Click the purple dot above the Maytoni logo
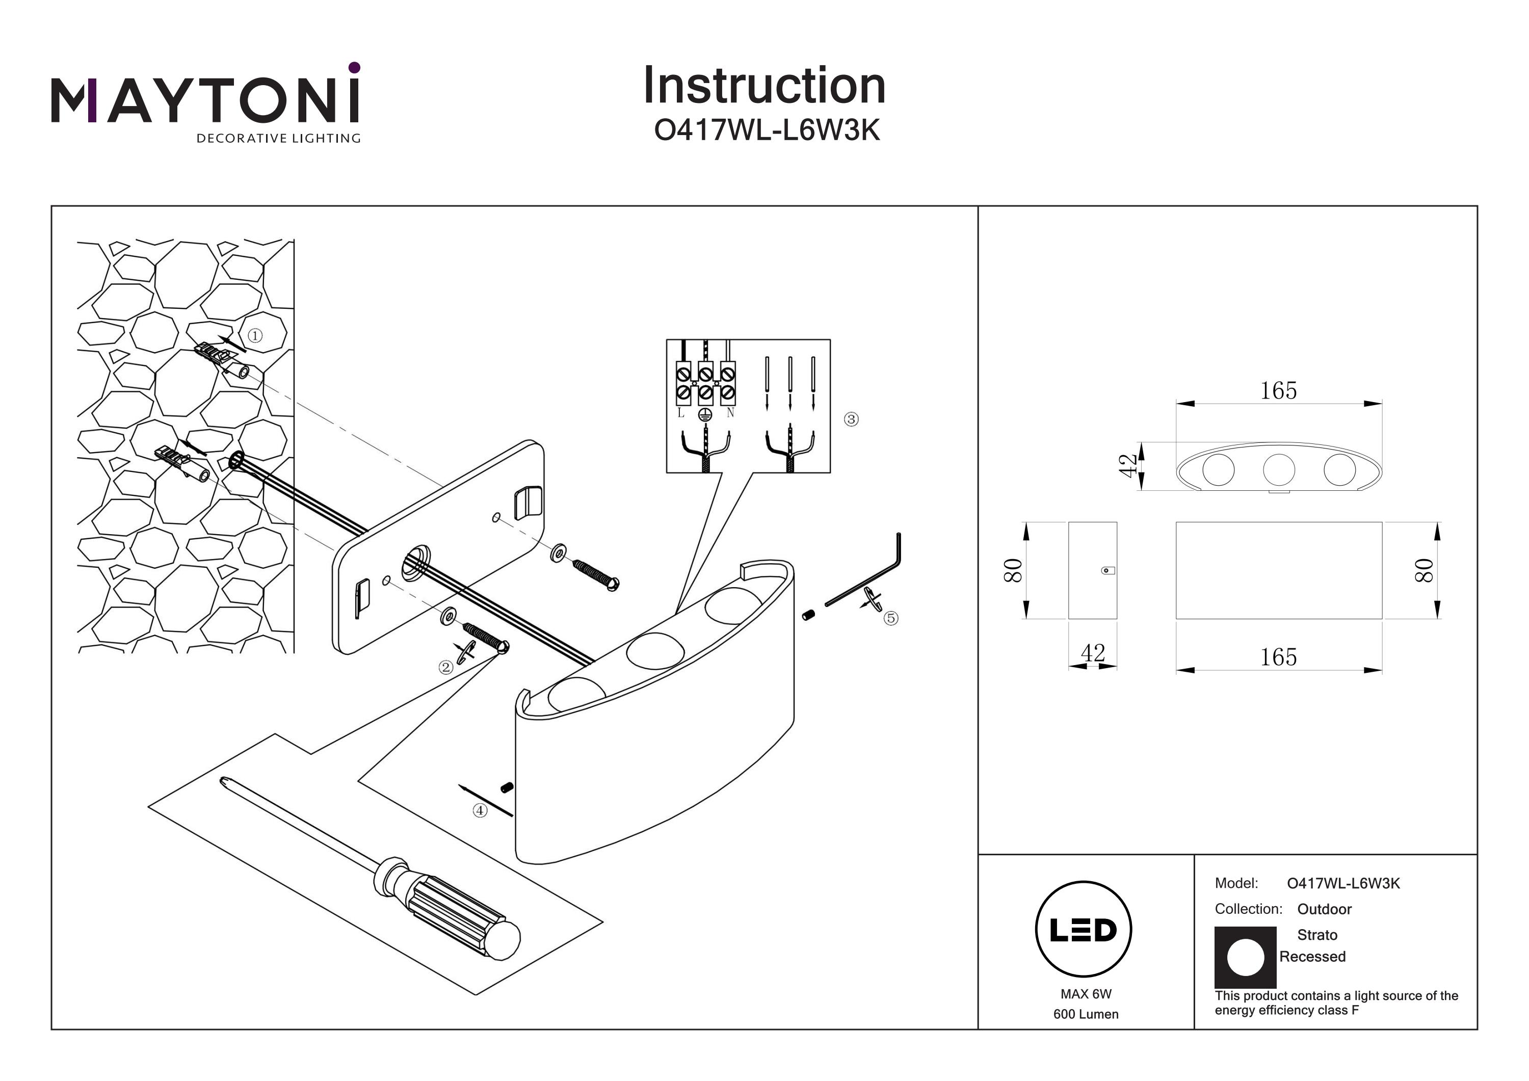(354, 67)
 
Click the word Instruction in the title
(764, 86)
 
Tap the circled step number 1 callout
(254, 336)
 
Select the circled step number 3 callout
(851, 419)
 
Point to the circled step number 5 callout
(890, 618)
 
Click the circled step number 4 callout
(480, 810)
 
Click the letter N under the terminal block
(730, 413)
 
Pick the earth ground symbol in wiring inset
(705, 415)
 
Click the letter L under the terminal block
(680, 413)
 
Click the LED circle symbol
(1084, 930)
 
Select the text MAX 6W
(1086, 994)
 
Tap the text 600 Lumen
(1086, 1014)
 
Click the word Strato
(1316, 934)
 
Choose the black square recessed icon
(1245, 957)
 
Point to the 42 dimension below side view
(1093, 653)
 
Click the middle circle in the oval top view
(1279, 469)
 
